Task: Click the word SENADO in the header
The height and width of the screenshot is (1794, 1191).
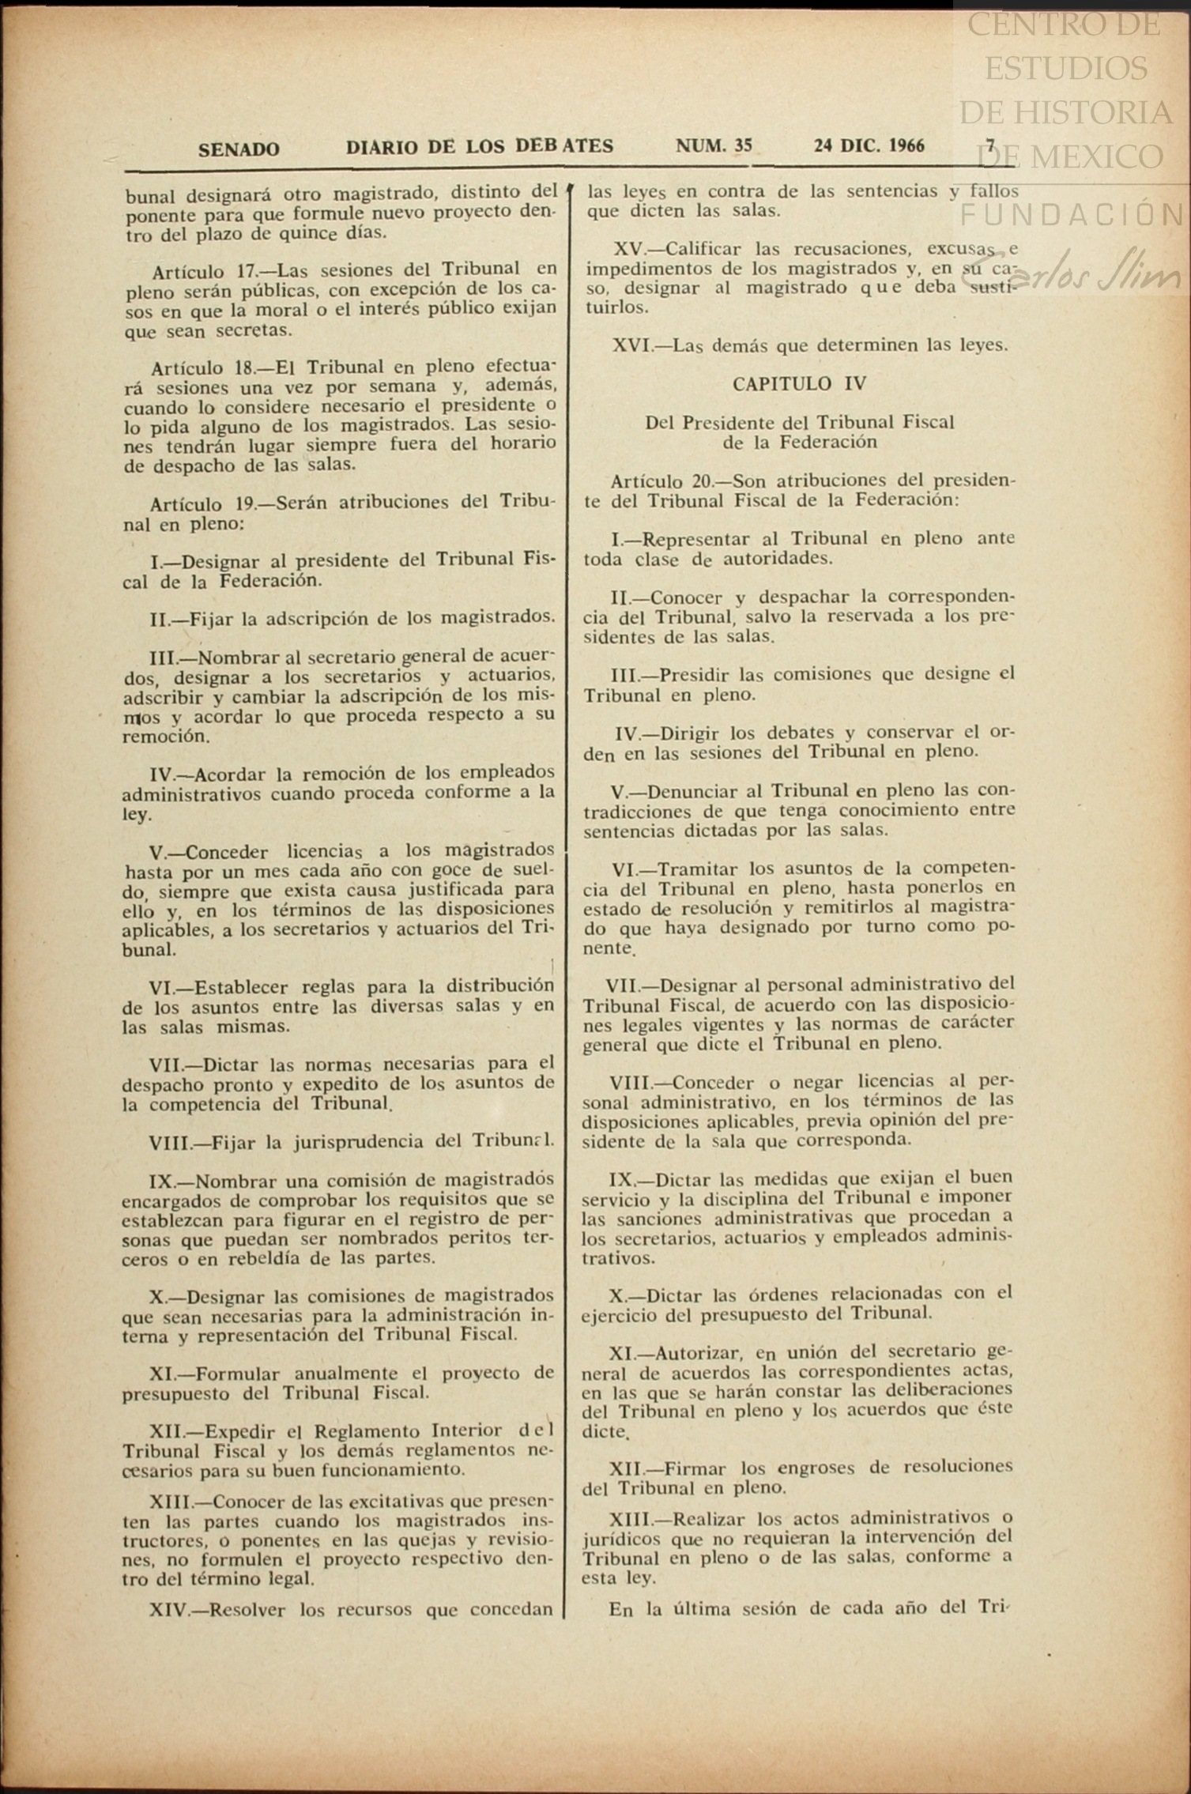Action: pyautogui.click(x=239, y=149)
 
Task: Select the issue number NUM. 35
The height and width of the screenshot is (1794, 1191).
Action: pyautogui.click(x=714, y=146)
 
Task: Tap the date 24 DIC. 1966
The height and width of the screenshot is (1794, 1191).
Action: pyautogui.click(x=869, y=146)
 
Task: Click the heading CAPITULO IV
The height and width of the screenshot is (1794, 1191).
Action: pyautogui.click(x=799, y=384)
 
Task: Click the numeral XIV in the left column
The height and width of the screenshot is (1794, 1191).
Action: pyautogui.click(x=169, y=1609)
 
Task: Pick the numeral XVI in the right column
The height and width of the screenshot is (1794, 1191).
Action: pyautogui.click(x=631, y=345)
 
